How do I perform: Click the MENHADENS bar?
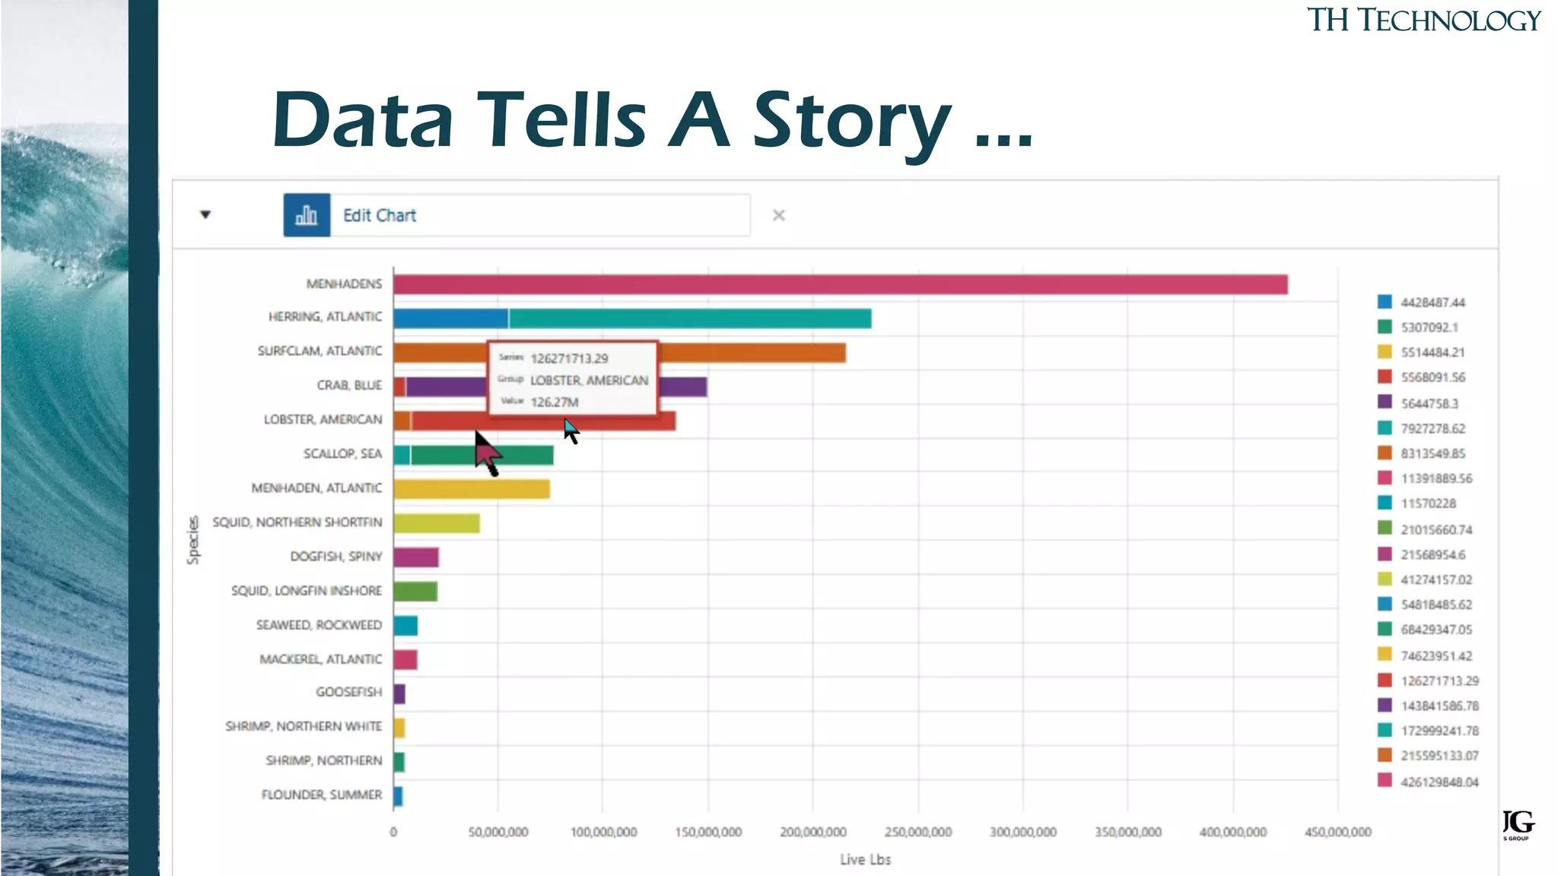(840, 284)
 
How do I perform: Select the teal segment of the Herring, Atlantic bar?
(689, 319)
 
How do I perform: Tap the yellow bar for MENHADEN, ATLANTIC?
(472, 489)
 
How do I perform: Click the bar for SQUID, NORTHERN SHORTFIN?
(437, 523)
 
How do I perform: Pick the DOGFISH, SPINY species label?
(335, 557)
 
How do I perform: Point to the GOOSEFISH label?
(348, 692)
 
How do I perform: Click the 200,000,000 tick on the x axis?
(812, 832)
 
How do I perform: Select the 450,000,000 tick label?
(1337, 832)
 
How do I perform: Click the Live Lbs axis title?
(865, 859)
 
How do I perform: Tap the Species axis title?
(193, 540)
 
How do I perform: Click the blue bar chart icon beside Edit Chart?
(307, 215)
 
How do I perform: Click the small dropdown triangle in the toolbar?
(205, 214)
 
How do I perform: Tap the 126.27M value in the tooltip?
(554, 402)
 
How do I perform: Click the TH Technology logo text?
(1423, 21)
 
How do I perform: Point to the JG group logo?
(1518, 824)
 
